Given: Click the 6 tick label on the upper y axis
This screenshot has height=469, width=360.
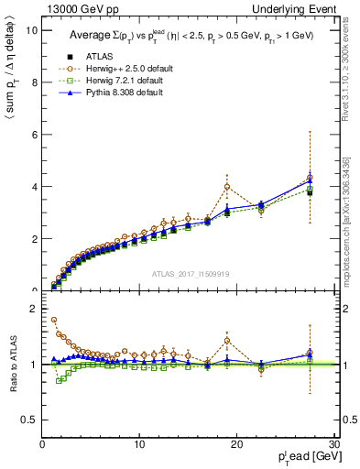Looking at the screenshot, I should coord(34,135).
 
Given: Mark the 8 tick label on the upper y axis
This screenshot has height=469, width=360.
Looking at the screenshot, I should coord(34,82).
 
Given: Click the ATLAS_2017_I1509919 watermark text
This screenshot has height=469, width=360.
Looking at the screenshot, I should coord(189,273).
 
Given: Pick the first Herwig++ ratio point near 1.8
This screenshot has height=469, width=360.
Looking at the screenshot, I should coord(53,320).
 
